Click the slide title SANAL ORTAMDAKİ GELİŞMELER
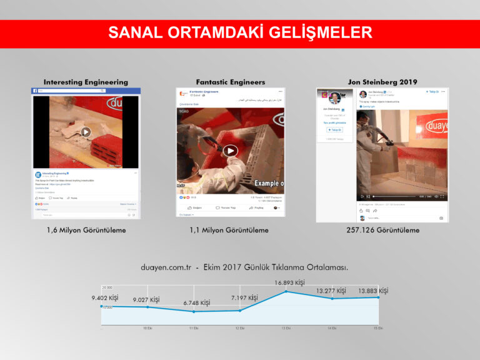240,32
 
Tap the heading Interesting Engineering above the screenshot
86,82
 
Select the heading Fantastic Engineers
230,82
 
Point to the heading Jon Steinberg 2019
382,82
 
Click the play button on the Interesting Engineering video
86,132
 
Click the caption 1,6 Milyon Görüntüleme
86,230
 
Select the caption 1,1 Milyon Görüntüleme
230,230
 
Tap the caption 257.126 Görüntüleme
382,230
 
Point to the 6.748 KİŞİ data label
196,303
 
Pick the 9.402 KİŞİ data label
105,297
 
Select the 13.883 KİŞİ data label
373,291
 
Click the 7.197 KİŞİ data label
244,298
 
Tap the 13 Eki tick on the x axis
286,328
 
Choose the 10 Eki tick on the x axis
147,328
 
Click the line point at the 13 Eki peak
286,292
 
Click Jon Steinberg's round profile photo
334,98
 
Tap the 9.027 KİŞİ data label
146,300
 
